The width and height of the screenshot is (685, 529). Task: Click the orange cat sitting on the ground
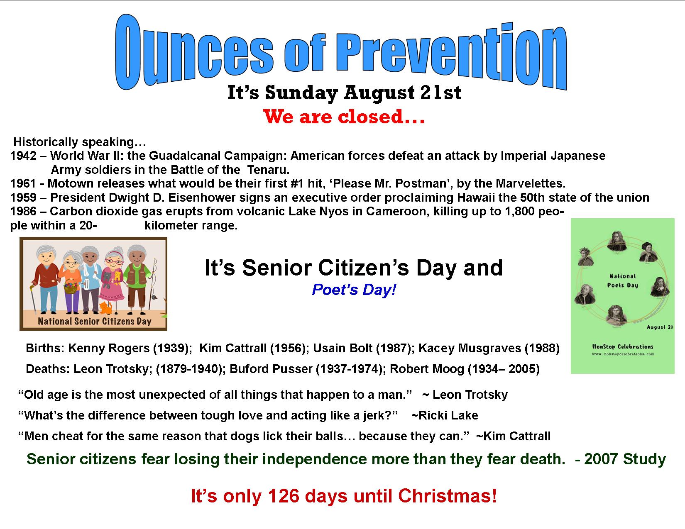pyautogui.click(x=105, y=307)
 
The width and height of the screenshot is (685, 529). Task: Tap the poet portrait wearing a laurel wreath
pyautogui.click(x=586, y=256)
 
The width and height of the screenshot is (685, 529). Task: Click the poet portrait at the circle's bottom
pyautogui.click(x=616, y=317)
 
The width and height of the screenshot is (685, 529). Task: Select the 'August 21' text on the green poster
pyautogui.click(x=660, y=327)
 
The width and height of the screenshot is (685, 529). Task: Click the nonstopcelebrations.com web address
pyautogui.click(x=623, y=354)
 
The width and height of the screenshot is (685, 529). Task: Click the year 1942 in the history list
pyautogui.click(x=23, y=156)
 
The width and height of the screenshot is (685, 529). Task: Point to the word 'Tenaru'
pyautogui.click(x=268, y=170)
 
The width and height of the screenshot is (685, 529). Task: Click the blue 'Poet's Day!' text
pyautogui.click(x=354, y=290)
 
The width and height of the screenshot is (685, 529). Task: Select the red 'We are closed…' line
pyautogui.click(x=344, y=117)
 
